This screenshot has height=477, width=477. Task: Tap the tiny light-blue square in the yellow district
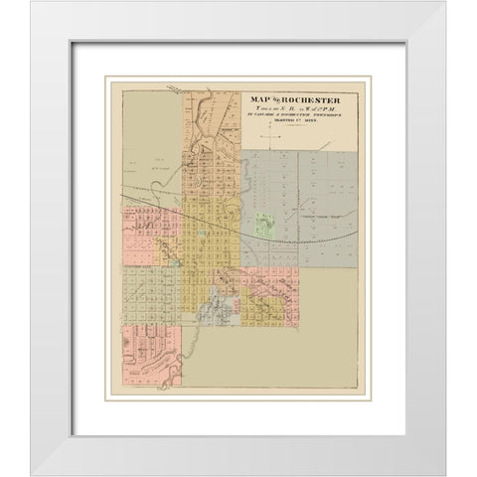pos(203,234)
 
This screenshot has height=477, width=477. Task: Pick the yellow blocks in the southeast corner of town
pos(263,314)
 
